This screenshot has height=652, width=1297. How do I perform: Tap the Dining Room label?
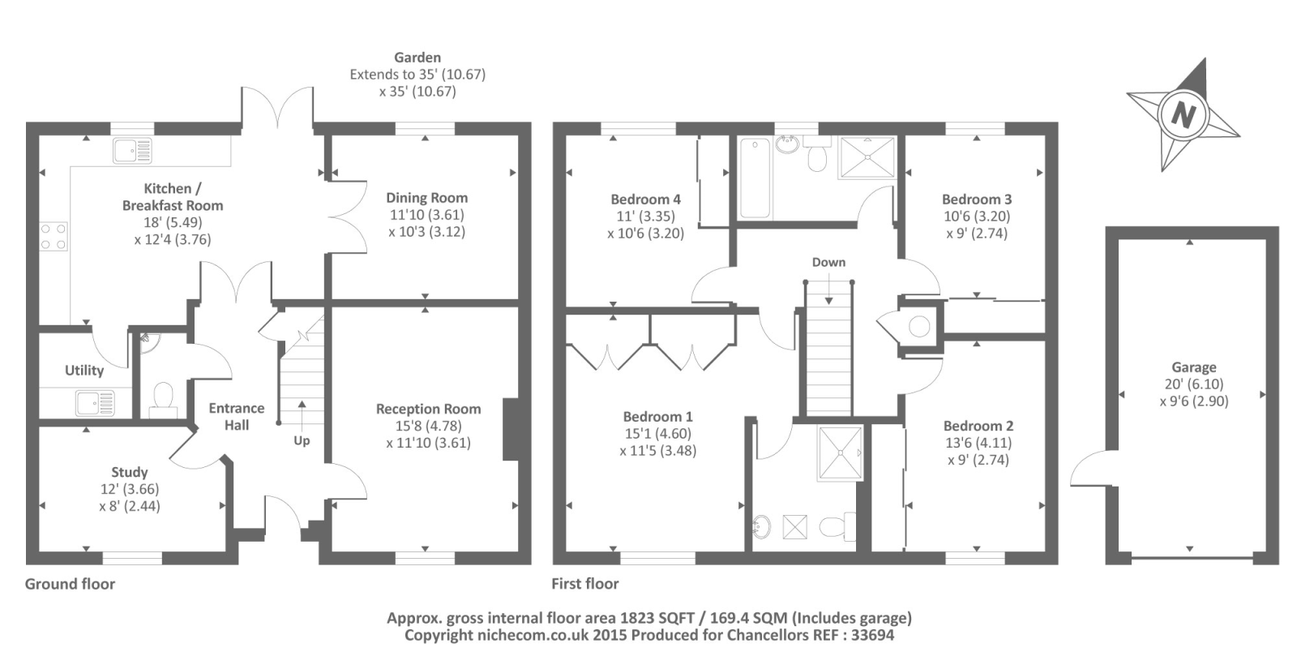click(426, 198)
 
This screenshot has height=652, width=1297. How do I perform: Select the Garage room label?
click(1193, 367)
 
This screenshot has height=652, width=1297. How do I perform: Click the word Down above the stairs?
click(828, 263)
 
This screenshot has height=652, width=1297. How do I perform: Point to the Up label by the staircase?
click(302, 441)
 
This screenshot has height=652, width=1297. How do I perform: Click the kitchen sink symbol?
click(132, 151)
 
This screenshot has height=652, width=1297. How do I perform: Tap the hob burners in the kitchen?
click(54, 236)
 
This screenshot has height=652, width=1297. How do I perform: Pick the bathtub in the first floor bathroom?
click(755, 178)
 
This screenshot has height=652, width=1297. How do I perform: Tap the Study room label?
click(130, 472)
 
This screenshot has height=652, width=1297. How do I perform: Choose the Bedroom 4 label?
click(645, 199)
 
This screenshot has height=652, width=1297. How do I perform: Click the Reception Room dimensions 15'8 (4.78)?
click(428, 426)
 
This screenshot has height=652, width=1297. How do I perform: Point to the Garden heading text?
click(417, 58)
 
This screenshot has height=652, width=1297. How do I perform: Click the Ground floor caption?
click(70, 584)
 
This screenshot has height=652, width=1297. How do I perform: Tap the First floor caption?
click(584, 584)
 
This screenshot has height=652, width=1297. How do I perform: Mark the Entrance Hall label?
click(237, 416)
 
